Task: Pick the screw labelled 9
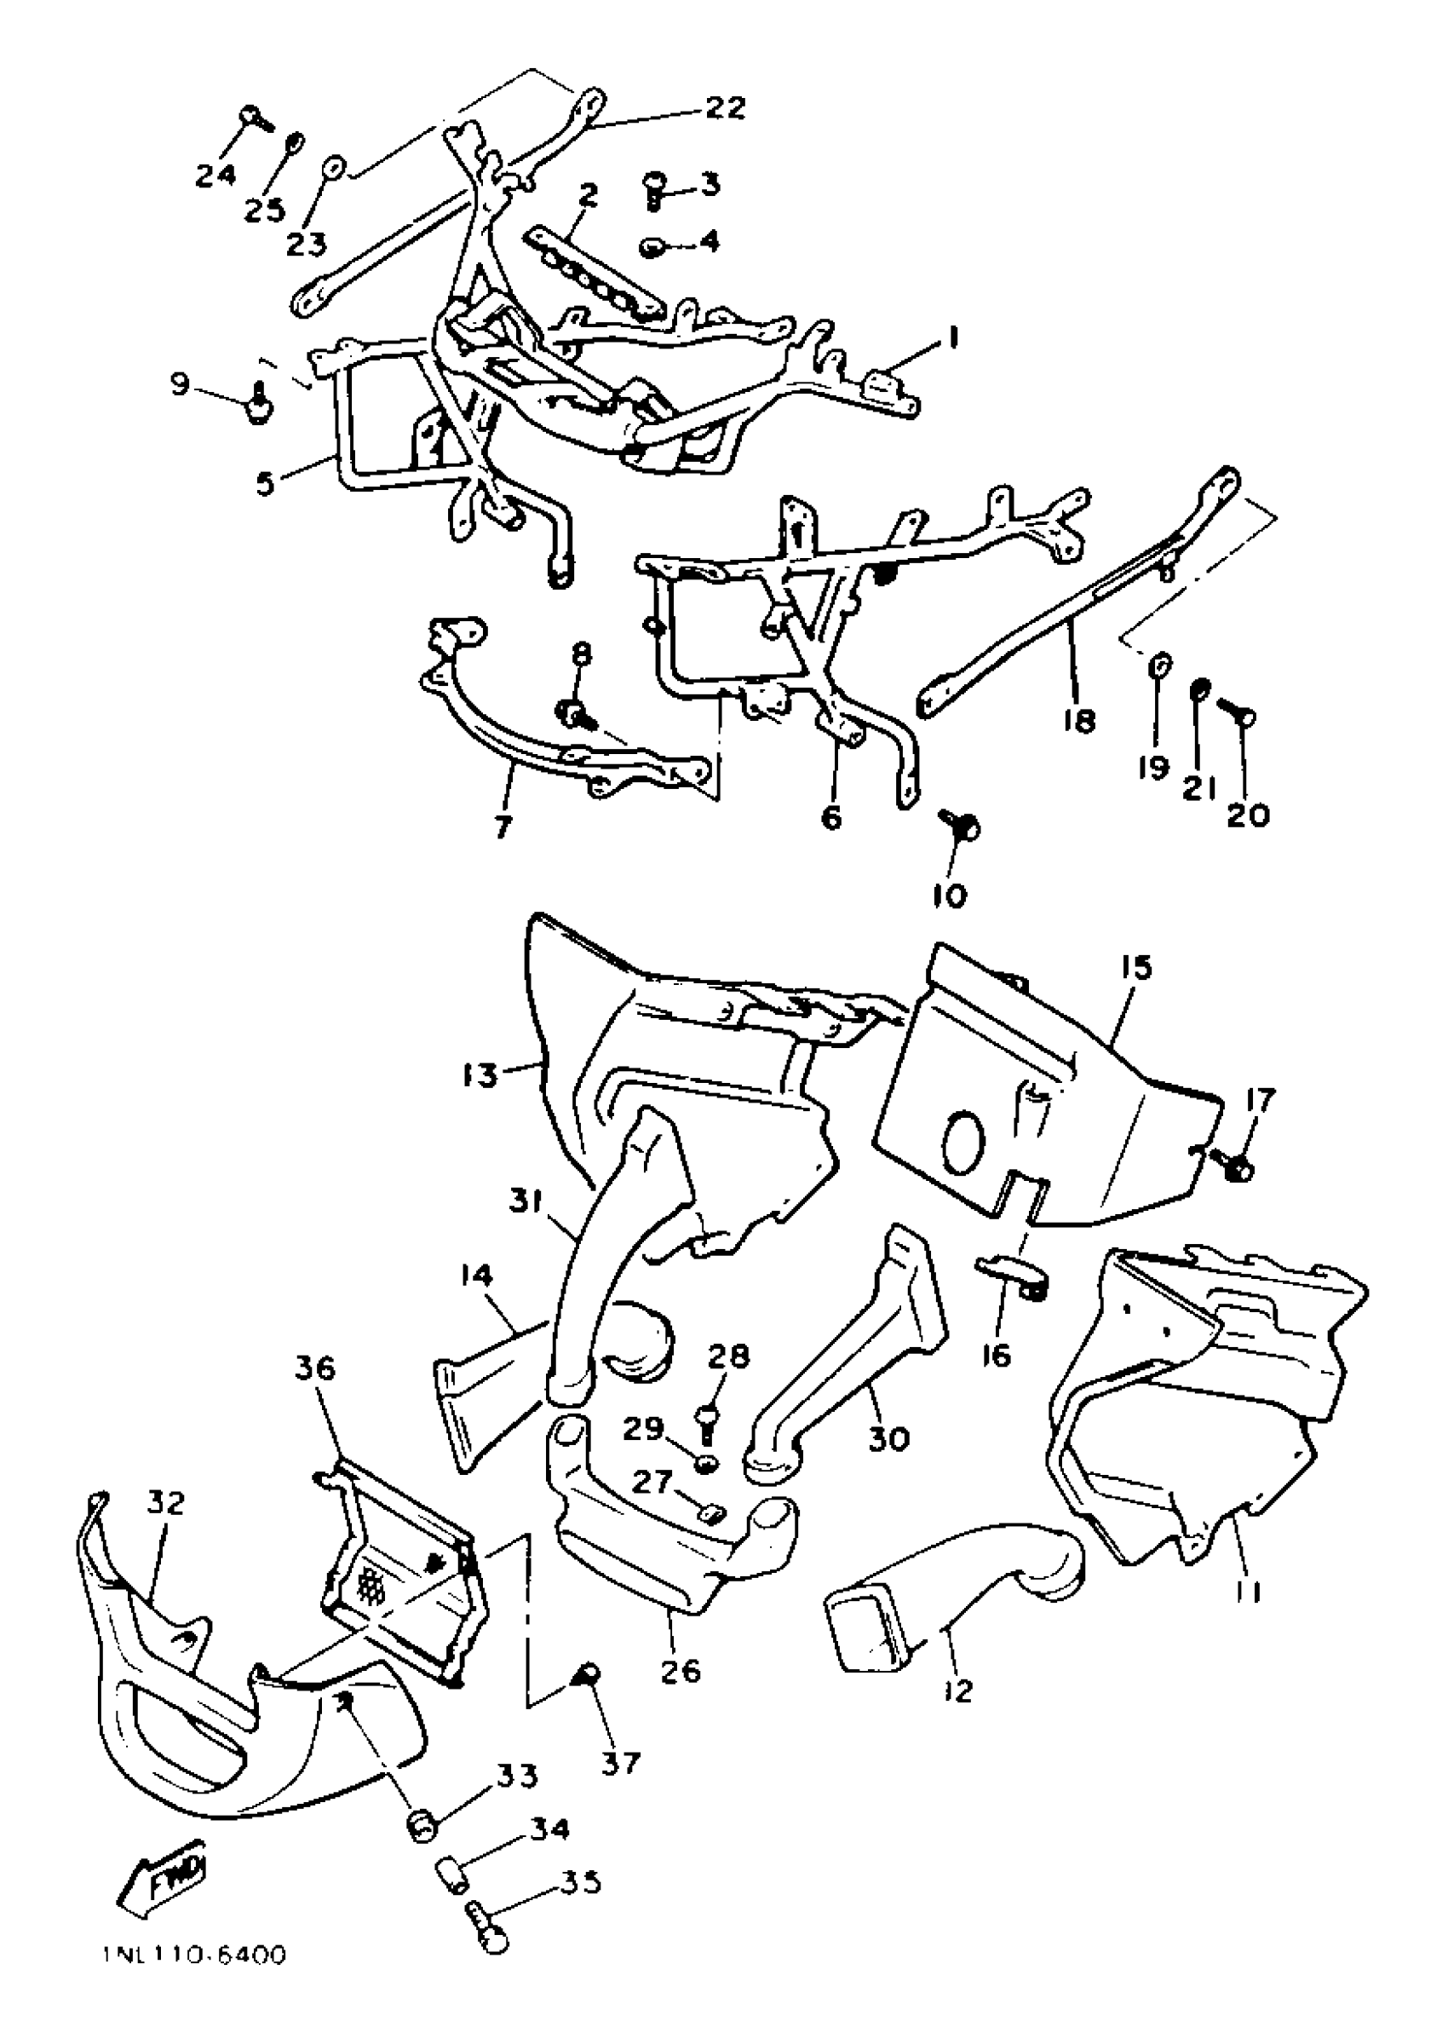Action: tap(259, 406)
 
